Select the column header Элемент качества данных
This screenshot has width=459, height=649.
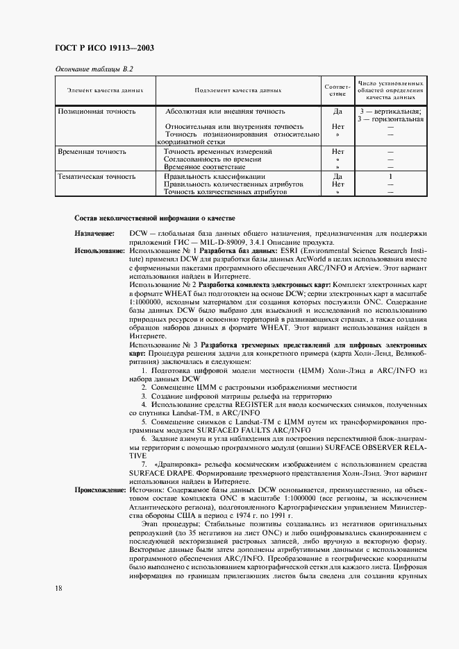pyautogui.click(x=105, y=90)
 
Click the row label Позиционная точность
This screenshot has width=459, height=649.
pyautogui.click(x=97, y=111)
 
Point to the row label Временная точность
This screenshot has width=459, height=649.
pyautogui.click(x=92, y=150)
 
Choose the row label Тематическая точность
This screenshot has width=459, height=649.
pyautogui.click(x=97, y=177)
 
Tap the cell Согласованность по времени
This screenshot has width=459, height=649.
pyautogui.click(x=208, y=159)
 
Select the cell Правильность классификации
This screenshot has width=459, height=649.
pyautogui.click(x=210, y=177)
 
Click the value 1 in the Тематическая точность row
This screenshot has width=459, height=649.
pyautogui.click(x=390, y=177)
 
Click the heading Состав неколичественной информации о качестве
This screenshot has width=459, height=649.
pyautogui.click(x=155, y=218)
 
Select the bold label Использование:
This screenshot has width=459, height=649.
pyautogui.click(x=99, y=250)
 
